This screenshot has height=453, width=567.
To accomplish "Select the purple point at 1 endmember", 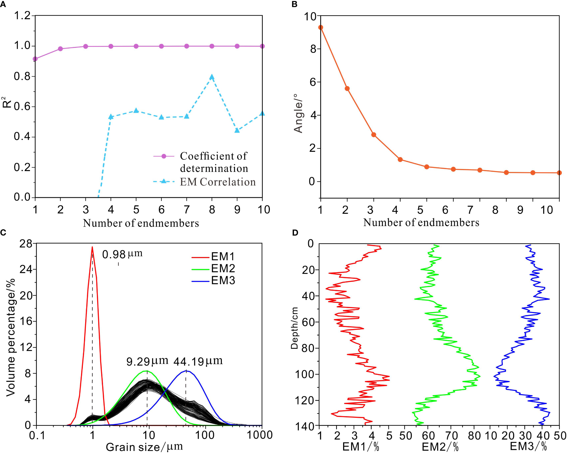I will coord(35,59).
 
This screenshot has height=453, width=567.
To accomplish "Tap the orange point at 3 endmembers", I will coord(374,135).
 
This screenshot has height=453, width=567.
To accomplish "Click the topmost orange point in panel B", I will coord(321,27).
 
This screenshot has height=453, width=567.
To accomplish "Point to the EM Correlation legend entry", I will coord(217,182).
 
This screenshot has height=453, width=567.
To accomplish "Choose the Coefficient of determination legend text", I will coord(214,162).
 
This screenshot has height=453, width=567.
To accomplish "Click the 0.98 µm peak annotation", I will coord(122,254).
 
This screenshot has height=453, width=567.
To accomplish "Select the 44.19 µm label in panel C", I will coord(198,361).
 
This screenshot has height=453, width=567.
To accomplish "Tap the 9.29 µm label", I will coord(147,361).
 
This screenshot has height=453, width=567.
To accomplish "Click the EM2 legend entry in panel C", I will coord(223,268).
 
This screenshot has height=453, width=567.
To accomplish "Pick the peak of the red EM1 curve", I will coord(92,247).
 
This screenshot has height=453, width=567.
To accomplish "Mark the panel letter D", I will coord(295,232).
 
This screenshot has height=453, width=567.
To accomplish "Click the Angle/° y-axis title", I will coord(298,113).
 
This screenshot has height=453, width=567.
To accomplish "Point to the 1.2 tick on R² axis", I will coord(23,15).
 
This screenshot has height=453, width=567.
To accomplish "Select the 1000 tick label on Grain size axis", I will coord(259,435).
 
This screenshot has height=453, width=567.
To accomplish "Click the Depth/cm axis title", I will coord(295,328).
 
